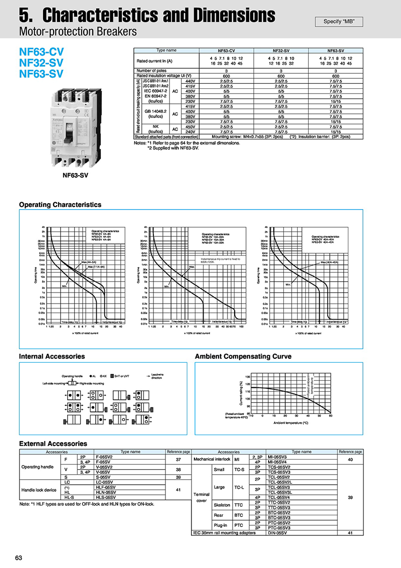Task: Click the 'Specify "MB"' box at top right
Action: (339, 22)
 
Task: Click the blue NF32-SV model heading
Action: (41, 63)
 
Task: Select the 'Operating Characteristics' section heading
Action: (60, 205)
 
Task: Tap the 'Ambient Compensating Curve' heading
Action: (243, 356)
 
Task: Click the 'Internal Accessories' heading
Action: (52, 356)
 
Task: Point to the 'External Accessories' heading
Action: (53, 444)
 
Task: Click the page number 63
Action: (19, 558)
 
